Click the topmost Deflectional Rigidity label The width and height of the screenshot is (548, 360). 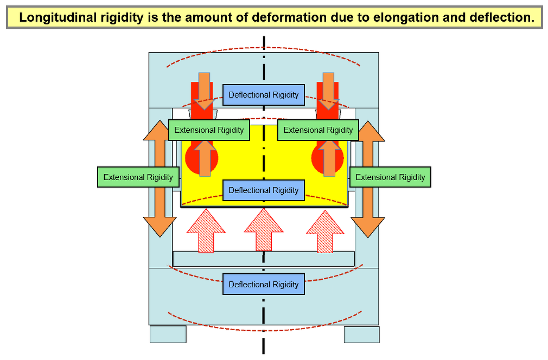pyautogui.click(x=264, y=95)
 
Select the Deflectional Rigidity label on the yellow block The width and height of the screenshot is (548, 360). pyautogui.click(x=264, y=190)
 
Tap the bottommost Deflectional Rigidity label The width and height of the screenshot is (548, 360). pyautogui.click(x=264, y=285)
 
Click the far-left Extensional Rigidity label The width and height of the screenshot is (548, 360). pyautogui.click(x=138, y=177)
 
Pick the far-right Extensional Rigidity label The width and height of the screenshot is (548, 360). pyautogui.click(x=391, y=177)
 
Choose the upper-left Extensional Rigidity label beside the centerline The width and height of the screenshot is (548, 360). pyautogui.click(x=209, y=130)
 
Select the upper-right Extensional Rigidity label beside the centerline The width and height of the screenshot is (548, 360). pyautogui.click(x=318, y=130)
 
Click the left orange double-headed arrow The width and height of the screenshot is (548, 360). pyautogui.click(x=160, y=211)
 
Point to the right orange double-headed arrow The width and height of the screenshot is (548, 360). pyautogui.click(x=368, y=211)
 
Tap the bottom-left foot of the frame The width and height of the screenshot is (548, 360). pyautogui.click(x=168, y=334)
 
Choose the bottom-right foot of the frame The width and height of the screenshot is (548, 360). pyautogui.click(x=361, y=334)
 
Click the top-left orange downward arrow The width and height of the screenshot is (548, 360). pyautogui.click(x=204, y=89)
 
